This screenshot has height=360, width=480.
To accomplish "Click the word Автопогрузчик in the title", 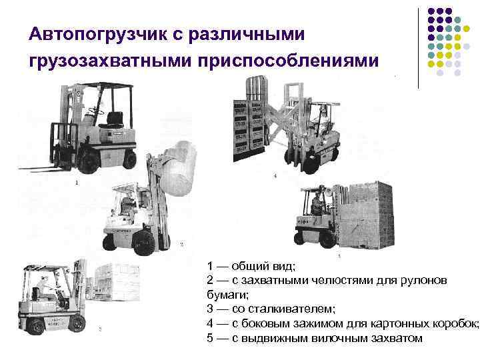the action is coord(98,34).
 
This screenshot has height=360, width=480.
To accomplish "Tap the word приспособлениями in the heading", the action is coord(288,61).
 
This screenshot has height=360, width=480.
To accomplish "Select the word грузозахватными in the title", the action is coord(110,61).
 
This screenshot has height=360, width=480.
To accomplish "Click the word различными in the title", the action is coord(247,34).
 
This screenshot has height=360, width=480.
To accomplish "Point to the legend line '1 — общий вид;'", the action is coord(251,266).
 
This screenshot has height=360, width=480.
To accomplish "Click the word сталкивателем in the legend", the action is coord(284,309).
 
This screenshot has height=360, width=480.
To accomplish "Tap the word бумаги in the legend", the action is coord(227,295).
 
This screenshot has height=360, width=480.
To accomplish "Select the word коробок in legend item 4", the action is coord(456,323).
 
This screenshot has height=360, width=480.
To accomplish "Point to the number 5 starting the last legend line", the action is coord(210,338).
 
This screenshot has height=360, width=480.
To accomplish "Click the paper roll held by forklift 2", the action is coord(178,169).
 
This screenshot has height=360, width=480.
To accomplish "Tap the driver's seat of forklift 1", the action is coord(114,120).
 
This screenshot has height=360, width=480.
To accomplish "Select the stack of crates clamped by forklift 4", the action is coord(249,131).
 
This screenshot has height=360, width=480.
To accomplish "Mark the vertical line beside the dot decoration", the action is coord(418,49).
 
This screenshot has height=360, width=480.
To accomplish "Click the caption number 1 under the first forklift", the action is coord(77,183).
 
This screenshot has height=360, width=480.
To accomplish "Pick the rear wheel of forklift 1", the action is coord(130,159).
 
